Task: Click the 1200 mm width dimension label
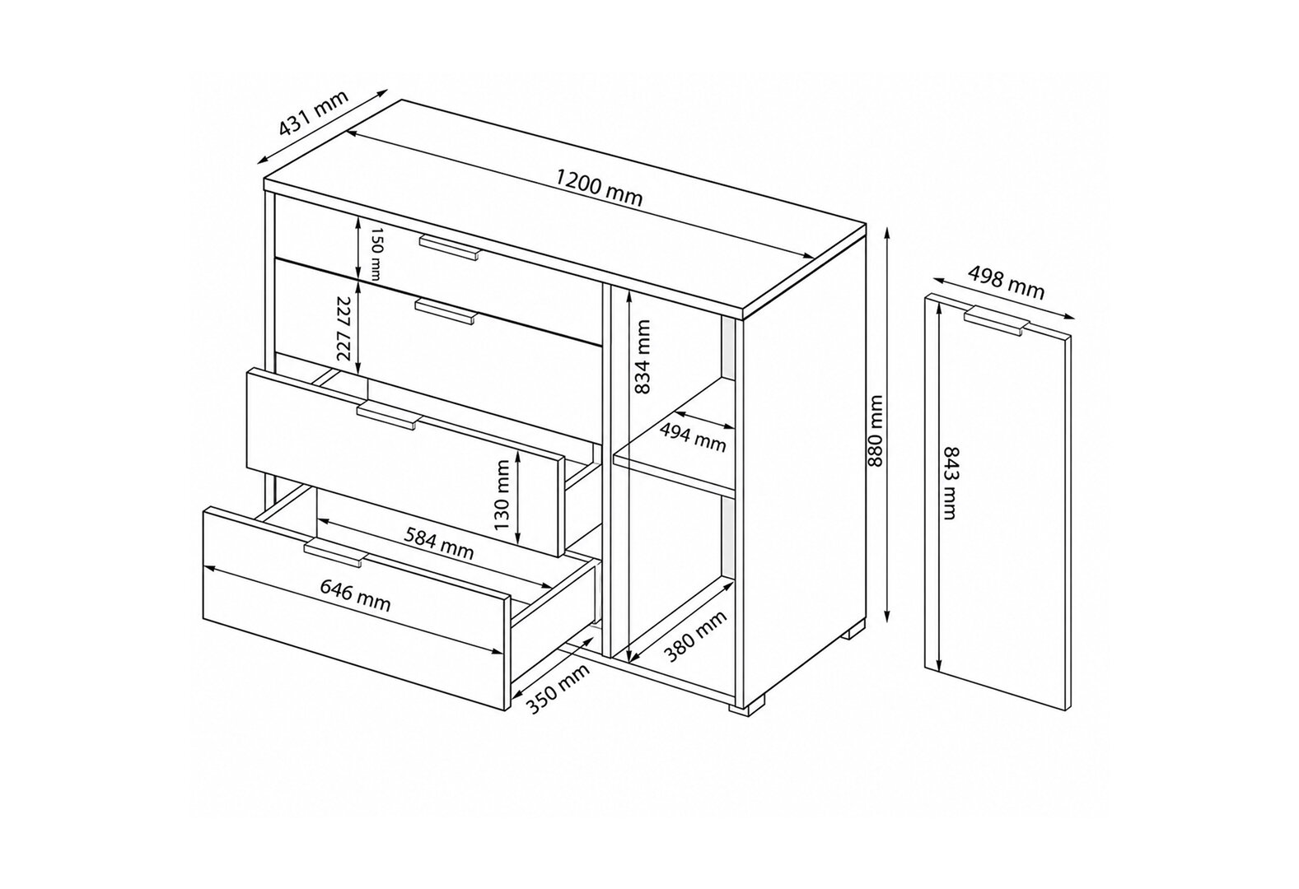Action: click(599, 187)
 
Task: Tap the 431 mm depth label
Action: click(313, 120)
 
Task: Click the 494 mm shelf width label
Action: click(693, 437)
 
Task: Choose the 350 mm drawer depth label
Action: click(558, 688)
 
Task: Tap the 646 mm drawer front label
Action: click(356, 594)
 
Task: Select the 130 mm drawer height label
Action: click(502, 495)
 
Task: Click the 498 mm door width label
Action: click(1007, 283)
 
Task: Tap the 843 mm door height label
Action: click(950, 482)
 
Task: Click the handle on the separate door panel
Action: click(997, 320)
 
